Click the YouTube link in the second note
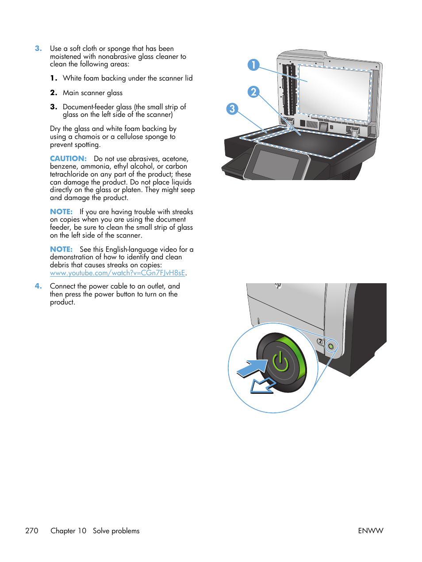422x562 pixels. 117,273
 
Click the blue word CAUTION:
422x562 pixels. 68,158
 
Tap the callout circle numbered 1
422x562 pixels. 253,65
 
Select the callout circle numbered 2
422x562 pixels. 253,92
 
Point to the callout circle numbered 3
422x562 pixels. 232,109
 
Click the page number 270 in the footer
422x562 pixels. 32,531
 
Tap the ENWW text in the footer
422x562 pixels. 370,531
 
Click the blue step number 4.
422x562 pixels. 38,286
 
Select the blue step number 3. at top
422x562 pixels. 38,49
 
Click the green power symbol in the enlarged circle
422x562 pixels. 280,362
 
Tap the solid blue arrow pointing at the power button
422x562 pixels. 252,368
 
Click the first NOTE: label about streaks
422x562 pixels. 61,212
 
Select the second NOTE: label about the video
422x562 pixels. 61,250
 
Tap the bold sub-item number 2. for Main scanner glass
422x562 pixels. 54,93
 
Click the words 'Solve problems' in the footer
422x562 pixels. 116,531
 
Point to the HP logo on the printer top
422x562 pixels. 278,285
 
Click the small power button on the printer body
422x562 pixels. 331,346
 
